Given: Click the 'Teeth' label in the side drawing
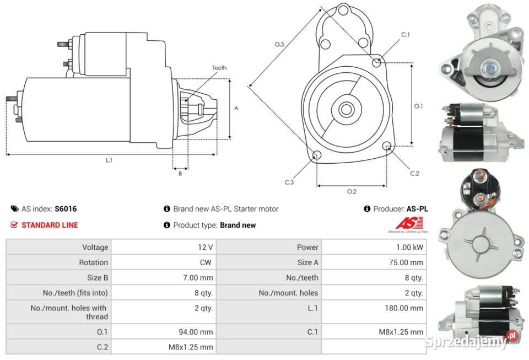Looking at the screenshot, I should (219, 68).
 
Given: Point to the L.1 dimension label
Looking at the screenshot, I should (109, 160).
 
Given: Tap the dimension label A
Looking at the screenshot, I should (236, 109).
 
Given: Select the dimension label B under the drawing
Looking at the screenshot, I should (180, 174).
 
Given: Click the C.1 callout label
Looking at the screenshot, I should (405, 35).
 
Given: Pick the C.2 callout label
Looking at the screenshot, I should (415, 174).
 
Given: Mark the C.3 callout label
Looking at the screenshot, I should (289, 182).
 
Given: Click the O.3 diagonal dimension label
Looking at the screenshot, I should (279, 44).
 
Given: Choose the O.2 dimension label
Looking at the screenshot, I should (352, 191).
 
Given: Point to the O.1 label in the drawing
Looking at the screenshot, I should (418, 106).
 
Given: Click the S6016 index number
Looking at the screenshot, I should (66, 209).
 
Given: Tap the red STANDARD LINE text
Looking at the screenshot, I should (50, 225).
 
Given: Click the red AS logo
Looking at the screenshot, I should (409, 224).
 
